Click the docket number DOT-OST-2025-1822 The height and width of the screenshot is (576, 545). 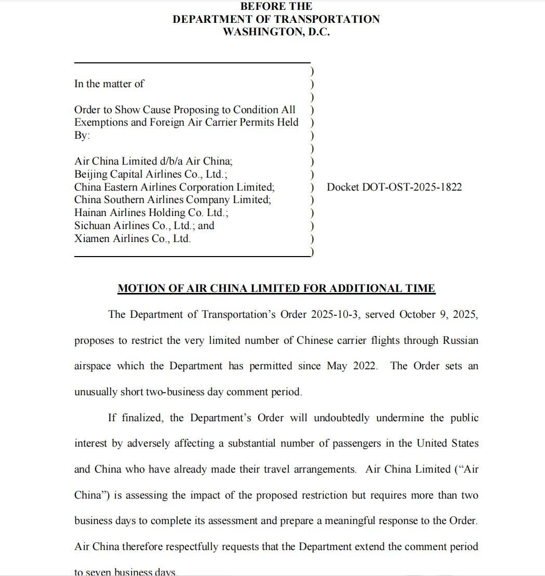pos(394,187)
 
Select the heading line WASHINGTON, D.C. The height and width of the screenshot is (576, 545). pos(276,32)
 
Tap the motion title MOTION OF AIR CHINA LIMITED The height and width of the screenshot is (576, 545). pos(276,288)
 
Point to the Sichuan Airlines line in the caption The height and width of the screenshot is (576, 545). pos(144,225)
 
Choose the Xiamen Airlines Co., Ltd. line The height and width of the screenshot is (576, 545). pos(132,238)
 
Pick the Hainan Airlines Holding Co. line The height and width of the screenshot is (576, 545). pos(151,212)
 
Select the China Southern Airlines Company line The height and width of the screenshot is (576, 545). pos(172,199)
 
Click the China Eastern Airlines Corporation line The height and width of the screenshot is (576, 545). pos(174,187)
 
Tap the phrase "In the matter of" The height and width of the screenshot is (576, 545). pos(109,84)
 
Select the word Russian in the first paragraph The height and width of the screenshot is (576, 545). pos(460,340)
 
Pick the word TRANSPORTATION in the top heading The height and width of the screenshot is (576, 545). pos(327,19)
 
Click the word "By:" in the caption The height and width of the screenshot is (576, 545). pos(82,135)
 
